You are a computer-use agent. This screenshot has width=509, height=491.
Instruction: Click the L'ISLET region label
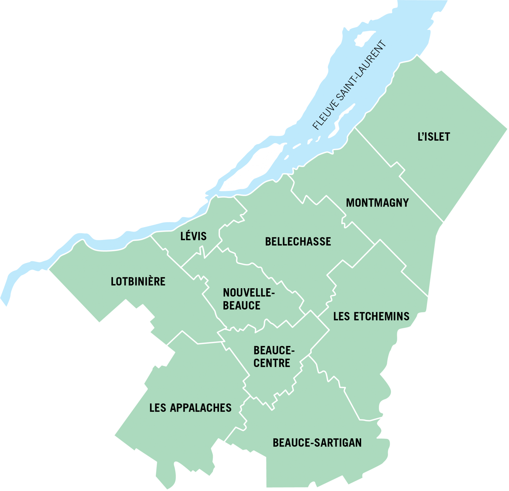[434, 137]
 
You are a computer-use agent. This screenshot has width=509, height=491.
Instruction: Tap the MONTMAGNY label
[377, 203]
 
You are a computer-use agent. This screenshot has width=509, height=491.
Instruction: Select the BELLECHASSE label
[298, 242]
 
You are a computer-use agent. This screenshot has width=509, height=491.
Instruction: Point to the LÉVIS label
[193, 236]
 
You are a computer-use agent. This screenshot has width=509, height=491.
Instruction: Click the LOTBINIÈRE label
[138, 282]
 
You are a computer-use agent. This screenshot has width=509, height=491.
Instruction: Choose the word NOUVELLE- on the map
[249, 293]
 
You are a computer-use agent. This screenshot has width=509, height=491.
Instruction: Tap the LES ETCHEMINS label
[371, 316]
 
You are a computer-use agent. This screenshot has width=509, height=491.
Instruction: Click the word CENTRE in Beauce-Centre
[272, 363]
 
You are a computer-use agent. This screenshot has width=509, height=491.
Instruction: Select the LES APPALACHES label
[190, 408]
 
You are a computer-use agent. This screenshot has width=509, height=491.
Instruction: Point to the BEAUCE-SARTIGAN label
[317, 443]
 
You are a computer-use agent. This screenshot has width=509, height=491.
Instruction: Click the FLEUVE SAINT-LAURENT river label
[349, 85]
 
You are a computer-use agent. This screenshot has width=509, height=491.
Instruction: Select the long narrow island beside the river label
[342, 119]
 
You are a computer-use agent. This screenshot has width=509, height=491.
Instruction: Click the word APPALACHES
[201, 408]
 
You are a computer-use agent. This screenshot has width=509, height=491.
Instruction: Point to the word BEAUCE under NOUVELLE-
[242, 305]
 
